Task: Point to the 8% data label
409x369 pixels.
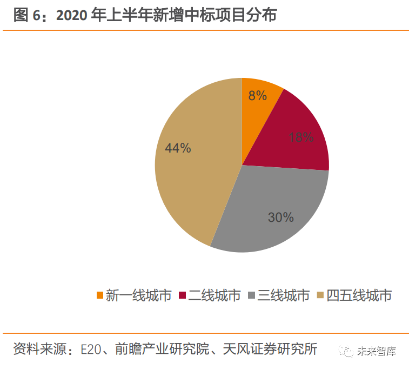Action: coord(258,96)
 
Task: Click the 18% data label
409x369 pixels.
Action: coord(301,137)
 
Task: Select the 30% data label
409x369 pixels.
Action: coord(281,218)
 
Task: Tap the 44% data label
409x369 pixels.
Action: coord(178,148)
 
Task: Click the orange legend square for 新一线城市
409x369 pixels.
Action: coord(99,295)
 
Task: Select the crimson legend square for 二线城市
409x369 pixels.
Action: coord(183,295)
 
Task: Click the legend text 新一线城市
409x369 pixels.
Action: coord(138,295)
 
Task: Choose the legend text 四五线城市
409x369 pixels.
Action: coord(359,295)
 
